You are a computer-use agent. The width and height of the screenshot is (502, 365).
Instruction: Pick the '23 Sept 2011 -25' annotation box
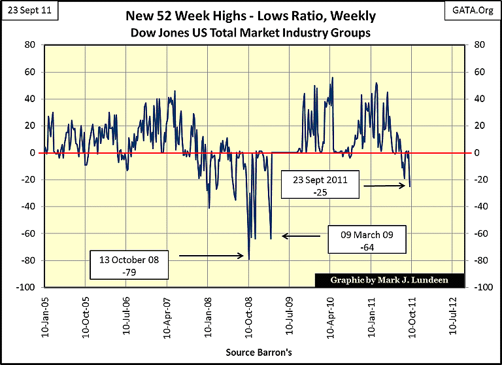click(320, 186)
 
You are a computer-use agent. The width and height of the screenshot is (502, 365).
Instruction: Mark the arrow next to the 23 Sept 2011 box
click(385, 186)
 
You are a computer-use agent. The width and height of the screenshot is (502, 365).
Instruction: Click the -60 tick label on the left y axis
click(28, 234)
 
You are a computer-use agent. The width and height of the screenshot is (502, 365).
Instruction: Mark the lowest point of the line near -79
click(249, 259)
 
